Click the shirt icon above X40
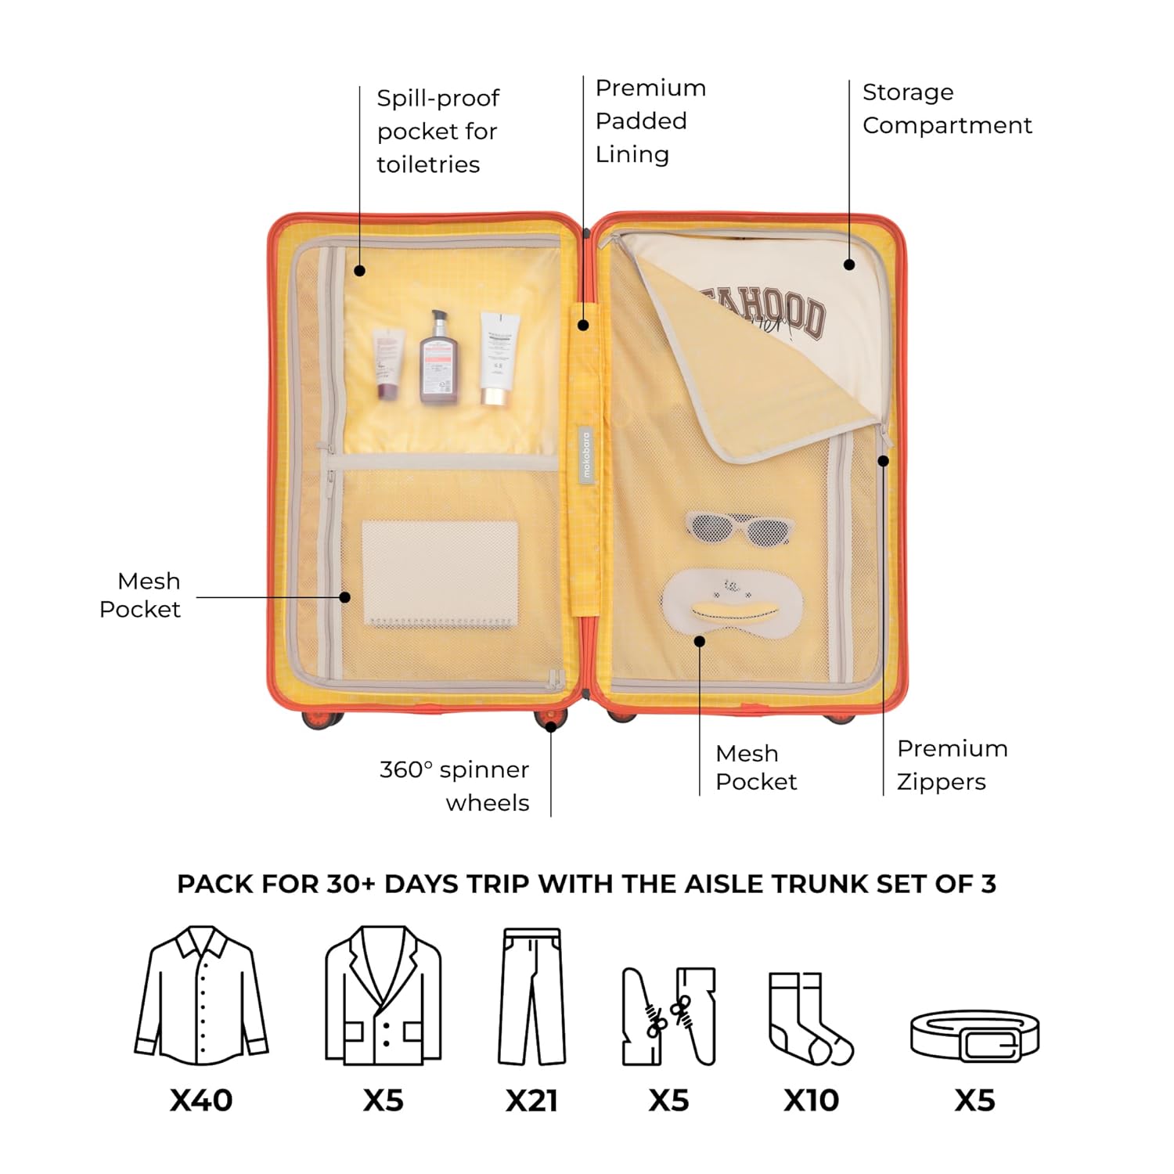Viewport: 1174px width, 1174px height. click(x=201, y=996)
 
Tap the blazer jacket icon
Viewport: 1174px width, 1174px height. click(x=383, y=996)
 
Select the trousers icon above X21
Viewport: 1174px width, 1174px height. click(x=532, y=996)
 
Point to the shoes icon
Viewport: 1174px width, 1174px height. click(x=669, y=1016)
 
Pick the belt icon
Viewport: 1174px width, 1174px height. click(x=974, y=1035)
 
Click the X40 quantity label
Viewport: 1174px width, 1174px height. click(x=201, y=1100)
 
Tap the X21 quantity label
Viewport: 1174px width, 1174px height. click(x=531, y=1100)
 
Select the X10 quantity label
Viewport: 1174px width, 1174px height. click(x=811, y=1100)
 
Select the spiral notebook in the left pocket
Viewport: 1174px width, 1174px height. click(x=440, y=574)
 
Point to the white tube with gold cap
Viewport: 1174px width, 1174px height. click(x=498, y=358)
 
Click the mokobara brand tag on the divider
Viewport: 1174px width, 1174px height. click(x=587, y=454)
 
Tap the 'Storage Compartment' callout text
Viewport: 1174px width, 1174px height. click(x=946, y=109)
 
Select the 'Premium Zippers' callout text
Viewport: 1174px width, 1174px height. click(x=952, y=765)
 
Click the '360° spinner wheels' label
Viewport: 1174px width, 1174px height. click(x=455, y=786)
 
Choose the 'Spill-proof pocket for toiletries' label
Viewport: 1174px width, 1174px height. click(x=438, y=131)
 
